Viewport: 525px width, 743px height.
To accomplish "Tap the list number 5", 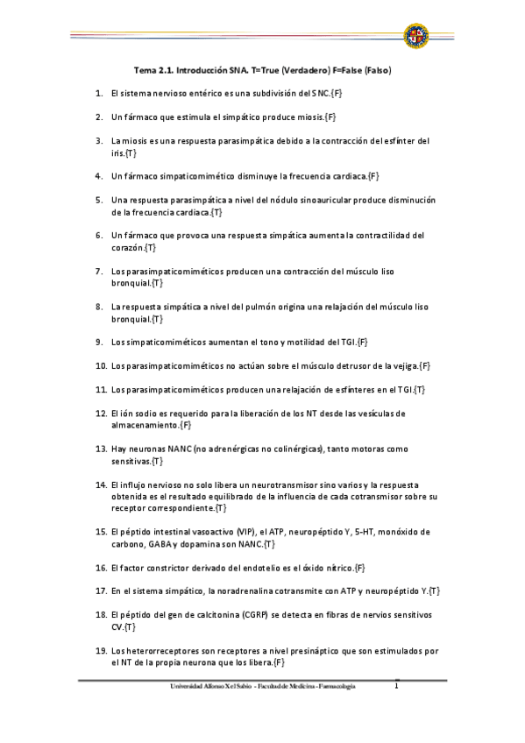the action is (99, 200).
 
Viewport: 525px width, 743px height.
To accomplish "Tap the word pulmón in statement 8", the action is (279, 308).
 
